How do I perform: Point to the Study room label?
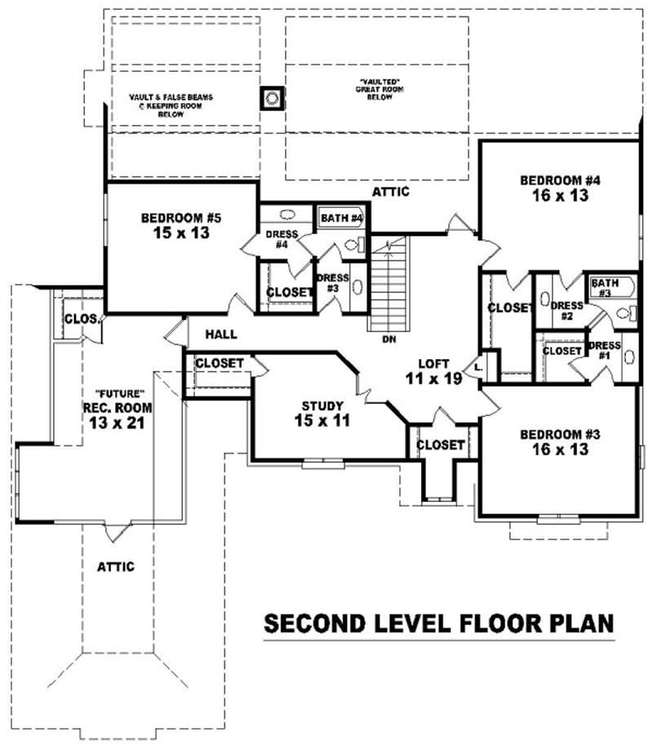[x=322, y=405]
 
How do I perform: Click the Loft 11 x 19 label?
[x=433, y=371]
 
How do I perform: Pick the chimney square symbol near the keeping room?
[x=272, y=99]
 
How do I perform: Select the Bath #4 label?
[x=340, y=218]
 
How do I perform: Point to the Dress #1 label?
[x=605, y=350]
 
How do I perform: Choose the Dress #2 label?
[x=566, y=311]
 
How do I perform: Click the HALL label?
[x=220, y=334]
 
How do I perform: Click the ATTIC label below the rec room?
[x=115, y=566]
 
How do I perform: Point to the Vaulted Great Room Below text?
[x=375, y=89]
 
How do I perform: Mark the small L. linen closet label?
[x=478, y=366]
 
